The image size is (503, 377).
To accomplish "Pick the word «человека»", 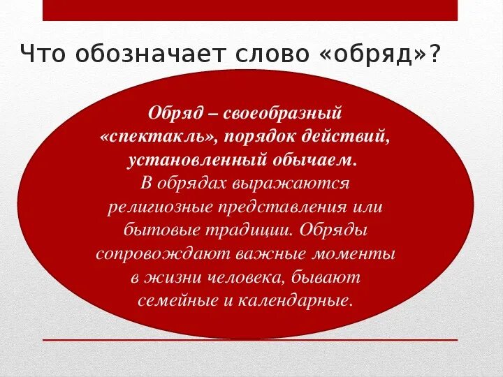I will click(x=241, y=277).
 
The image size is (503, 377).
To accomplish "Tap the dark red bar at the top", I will click(x=250, y=10).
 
